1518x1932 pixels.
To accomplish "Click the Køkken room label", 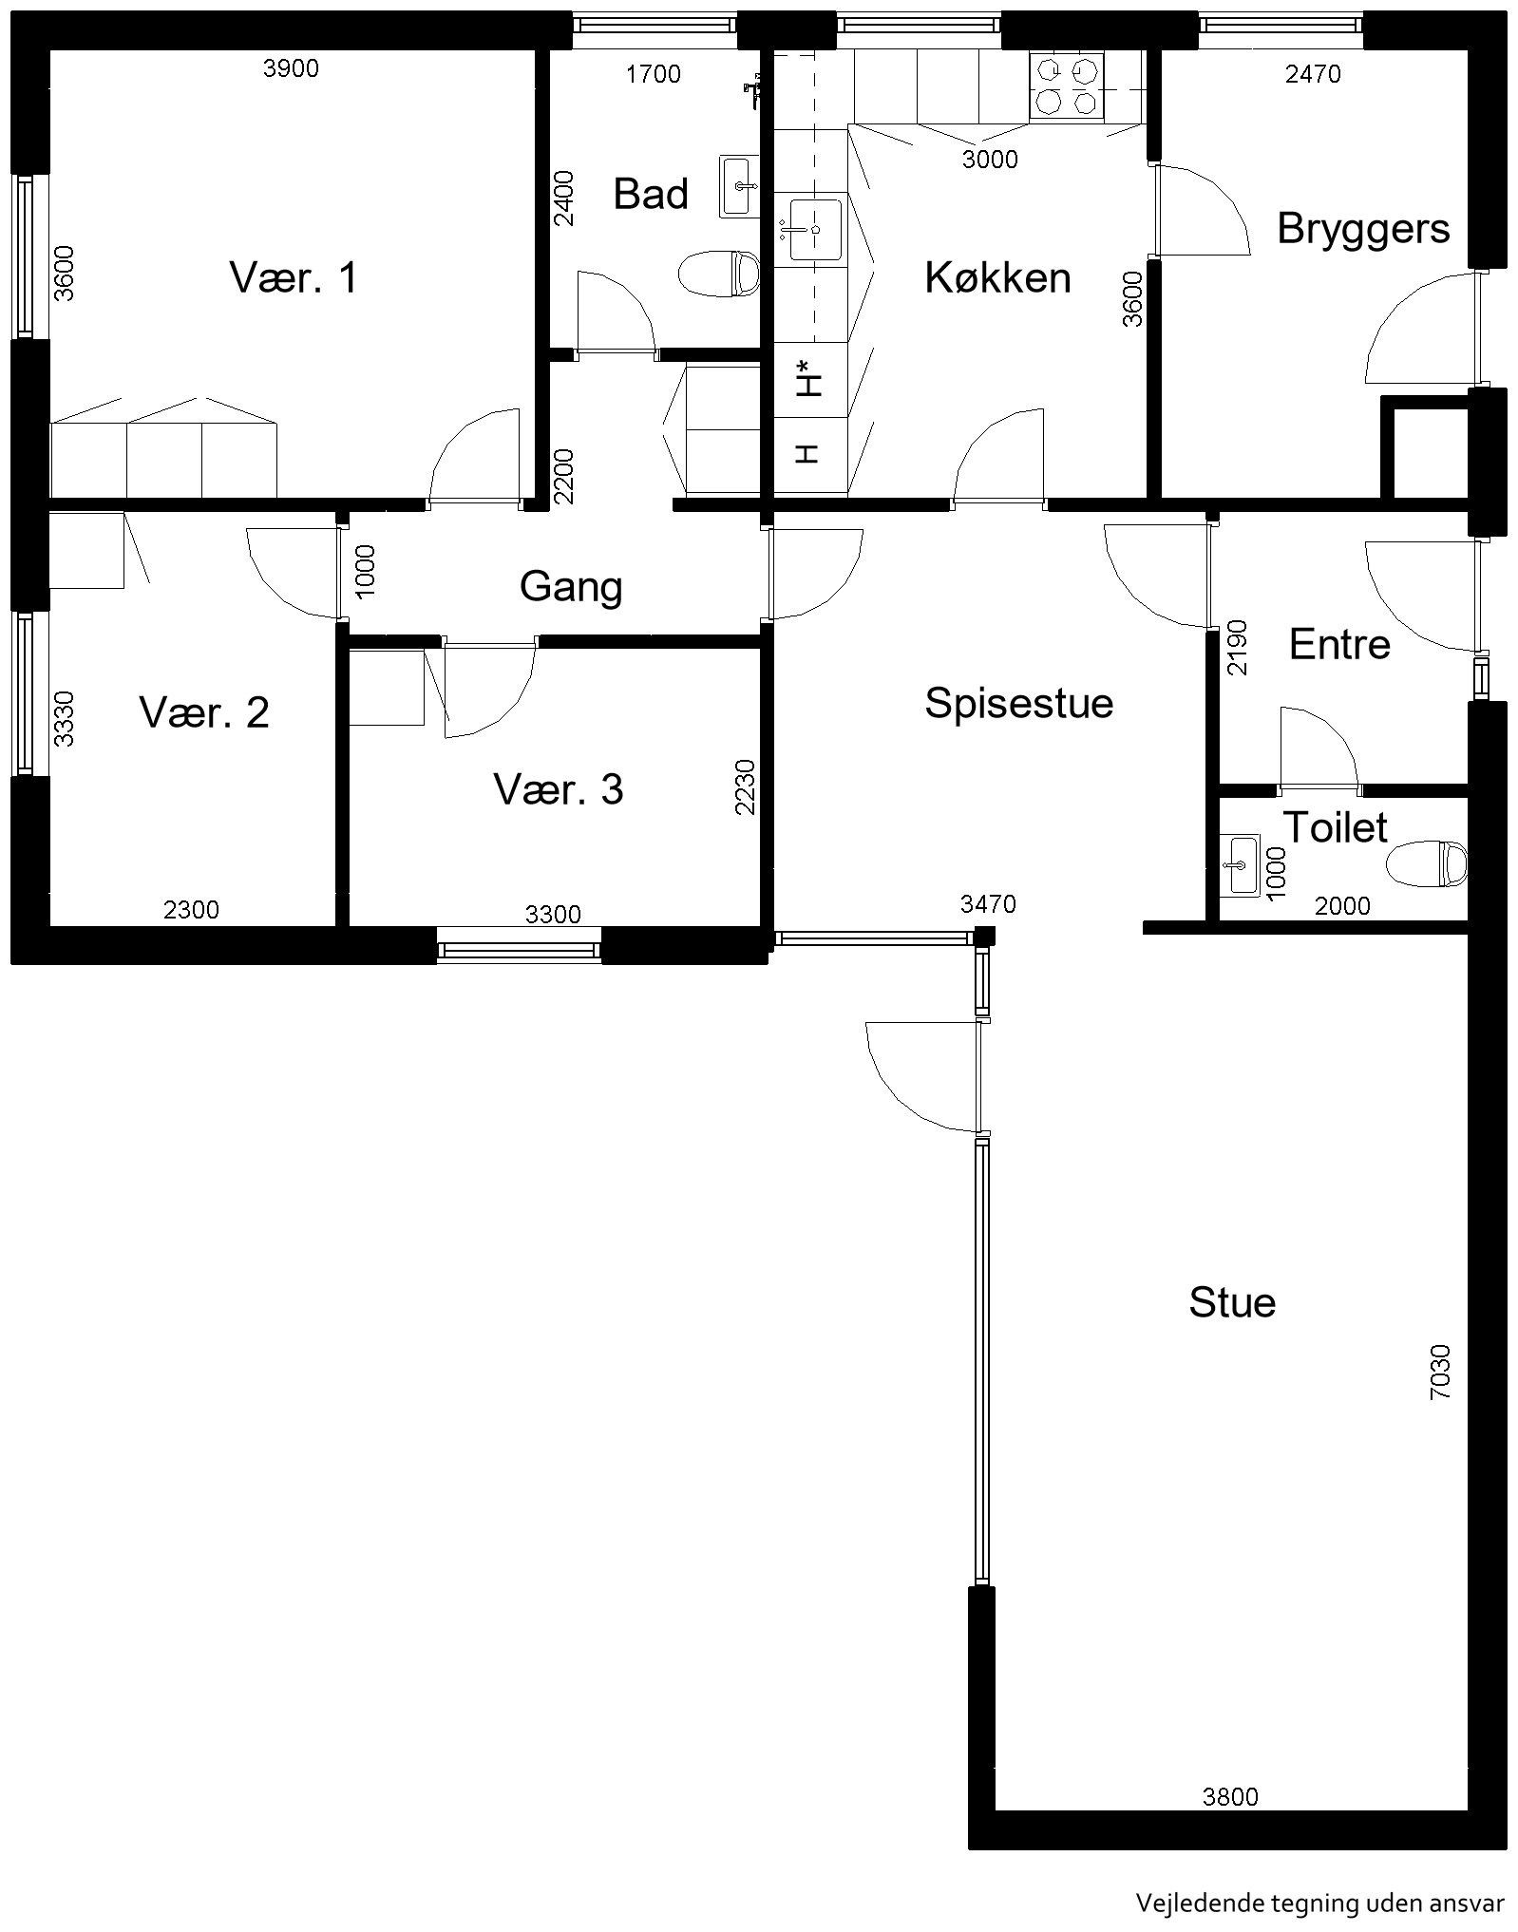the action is point(997,277).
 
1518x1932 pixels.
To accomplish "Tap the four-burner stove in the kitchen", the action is point(1068,87).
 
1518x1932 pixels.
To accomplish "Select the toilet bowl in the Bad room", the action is point(719,274).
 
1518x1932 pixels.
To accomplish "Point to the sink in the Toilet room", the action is point(1239,864).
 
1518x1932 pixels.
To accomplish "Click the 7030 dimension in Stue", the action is point(1440,1372).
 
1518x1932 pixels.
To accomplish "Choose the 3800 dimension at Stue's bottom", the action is point(1230,1796).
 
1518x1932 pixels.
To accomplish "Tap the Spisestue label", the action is point(1018,703).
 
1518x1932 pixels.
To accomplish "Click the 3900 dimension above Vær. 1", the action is point(291,67).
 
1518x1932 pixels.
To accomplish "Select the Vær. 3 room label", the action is point(559,789).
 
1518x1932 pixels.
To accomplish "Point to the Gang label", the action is point(571,588).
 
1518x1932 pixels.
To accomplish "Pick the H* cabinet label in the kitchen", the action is point(808,378).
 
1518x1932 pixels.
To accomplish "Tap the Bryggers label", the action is point(1363,230).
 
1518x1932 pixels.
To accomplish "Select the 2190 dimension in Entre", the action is point(1237,647).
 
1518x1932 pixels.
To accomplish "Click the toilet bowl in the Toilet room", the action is point(1427,863).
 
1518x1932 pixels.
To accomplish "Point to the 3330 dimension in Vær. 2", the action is point(64,718).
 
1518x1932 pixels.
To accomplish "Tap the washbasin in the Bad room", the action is point(739,186).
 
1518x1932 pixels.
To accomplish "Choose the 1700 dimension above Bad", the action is point(653,74).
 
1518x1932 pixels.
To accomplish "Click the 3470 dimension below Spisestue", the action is point(988,903).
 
